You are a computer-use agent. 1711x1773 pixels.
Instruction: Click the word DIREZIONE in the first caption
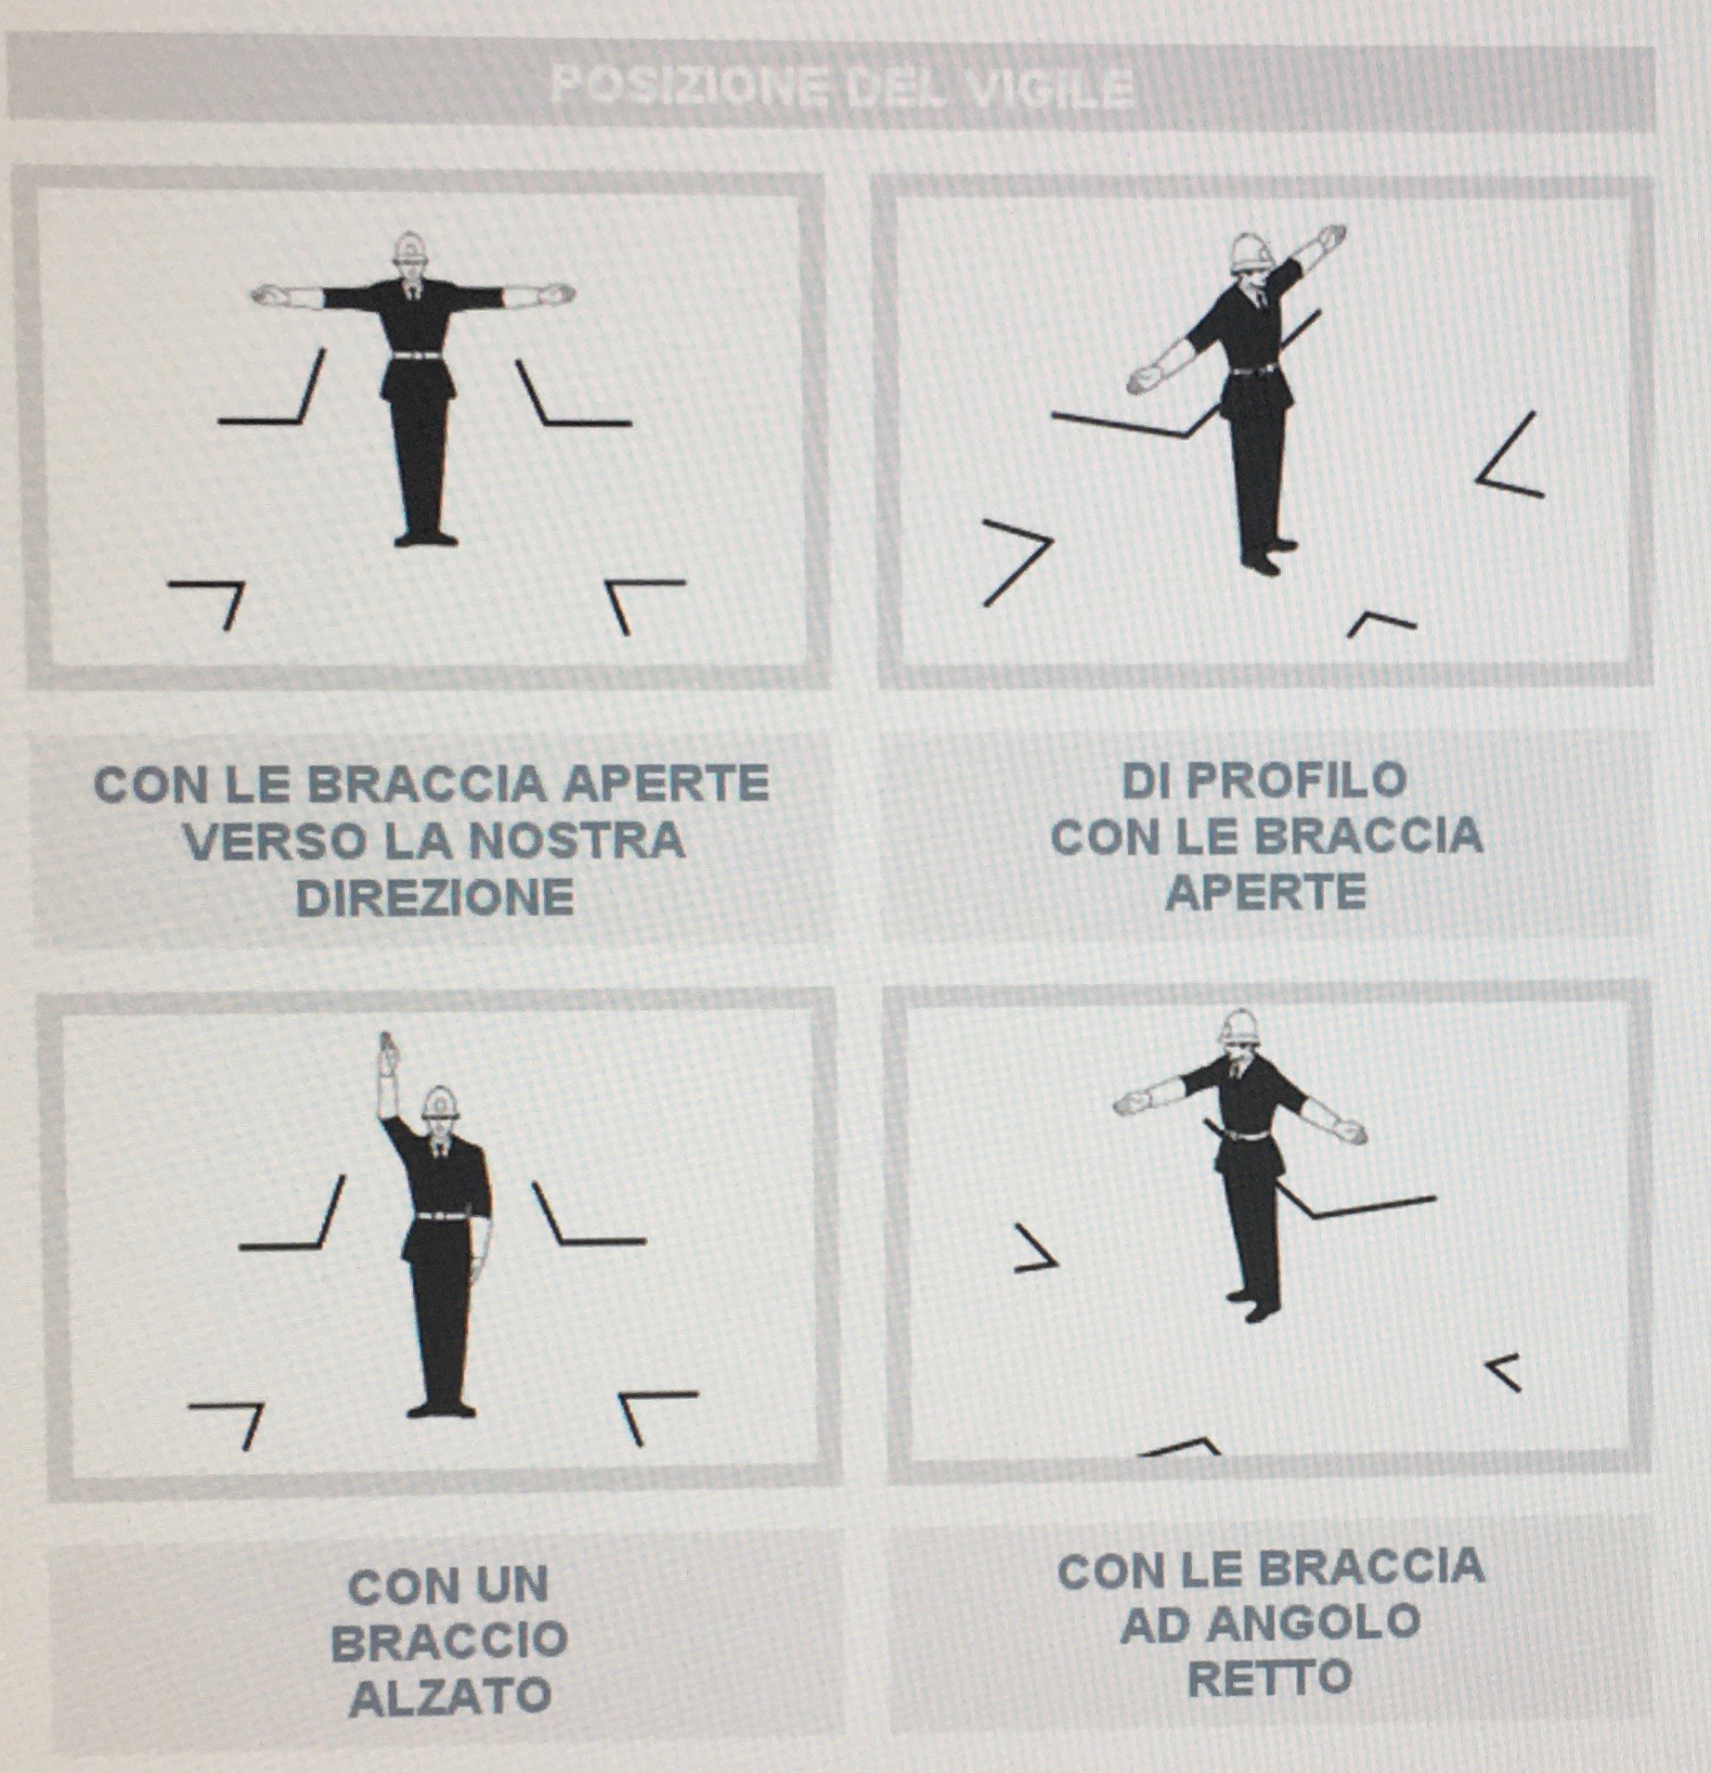[434, 898]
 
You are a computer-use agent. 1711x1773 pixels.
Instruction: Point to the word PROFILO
[1265, 781]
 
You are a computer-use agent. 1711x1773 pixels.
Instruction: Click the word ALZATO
[450, 1697]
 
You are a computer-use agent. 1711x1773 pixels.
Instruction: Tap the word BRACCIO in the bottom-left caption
[449, 1640]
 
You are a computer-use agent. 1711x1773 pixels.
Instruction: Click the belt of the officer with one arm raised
[444, 1215]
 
